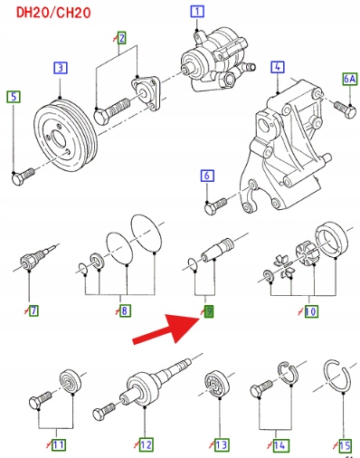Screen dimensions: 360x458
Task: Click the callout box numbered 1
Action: tap(197, 12)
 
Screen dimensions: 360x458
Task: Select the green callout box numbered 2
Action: tap(121, 38)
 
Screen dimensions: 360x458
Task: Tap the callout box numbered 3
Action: tap(61, 68)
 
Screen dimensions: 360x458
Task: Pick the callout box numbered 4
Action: tap(278, 67)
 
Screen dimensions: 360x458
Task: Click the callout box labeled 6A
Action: tap(350, 79)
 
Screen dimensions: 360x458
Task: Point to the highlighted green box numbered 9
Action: tap(209, 311)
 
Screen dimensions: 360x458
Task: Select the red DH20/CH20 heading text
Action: tap(53, 13)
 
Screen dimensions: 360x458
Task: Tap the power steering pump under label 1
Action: tap(218, 59)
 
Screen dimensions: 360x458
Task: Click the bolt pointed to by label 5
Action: tap(23, 177)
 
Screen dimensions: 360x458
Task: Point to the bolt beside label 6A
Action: tap(346, 110)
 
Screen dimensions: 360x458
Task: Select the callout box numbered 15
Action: tap(345, 445)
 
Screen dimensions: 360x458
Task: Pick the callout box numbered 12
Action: tap(147, 444)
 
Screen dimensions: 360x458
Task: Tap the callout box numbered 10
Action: tap(310, 311)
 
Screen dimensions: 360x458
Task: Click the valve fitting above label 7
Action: tap(35, 257)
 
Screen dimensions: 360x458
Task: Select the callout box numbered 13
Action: tap(222, 445)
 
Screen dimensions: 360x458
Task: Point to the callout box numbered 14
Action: tap(279, 445)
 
